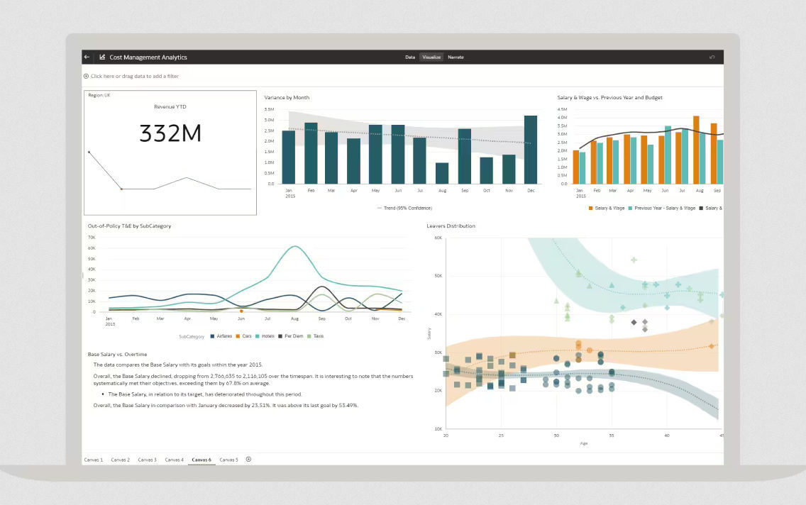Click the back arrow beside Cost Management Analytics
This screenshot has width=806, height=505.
[x=87, y=57]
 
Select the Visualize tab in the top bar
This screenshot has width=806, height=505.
[x=431, y=57]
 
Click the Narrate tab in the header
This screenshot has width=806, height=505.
[x=456, y=57]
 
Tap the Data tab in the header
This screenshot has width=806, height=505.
[x=410, y=57]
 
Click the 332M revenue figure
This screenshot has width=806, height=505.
[x=170, y=133]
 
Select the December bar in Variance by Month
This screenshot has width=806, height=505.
[x=531, y=150]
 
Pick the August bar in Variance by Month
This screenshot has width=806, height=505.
[x=442, y=173]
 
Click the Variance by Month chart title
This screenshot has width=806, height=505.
[x=287, y=97]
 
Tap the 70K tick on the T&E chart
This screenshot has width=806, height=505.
[x=92, y=238]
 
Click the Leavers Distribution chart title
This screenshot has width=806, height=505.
[x=451, y=226]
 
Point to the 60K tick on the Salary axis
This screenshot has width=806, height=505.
[x=438, y=238]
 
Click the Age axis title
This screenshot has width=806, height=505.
[x=583, y=443]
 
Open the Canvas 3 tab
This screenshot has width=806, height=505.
[x=147, y=460]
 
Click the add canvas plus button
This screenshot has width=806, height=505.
[x=248, y=460]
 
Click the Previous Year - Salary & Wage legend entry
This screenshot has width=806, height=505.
[x=664, y=208]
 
